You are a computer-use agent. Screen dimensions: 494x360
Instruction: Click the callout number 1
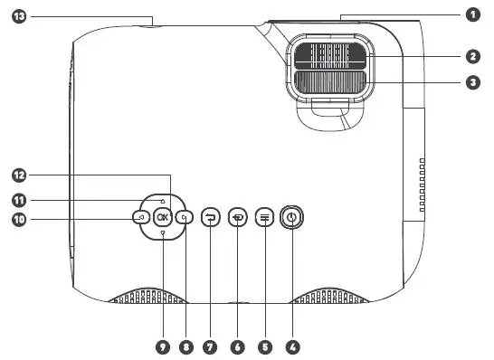coord(471,14)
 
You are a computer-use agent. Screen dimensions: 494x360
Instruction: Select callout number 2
coord(471,56)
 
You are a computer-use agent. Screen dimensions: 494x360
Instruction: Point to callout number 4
coord(291,346)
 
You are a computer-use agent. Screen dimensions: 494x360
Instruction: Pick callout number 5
coord(264,346)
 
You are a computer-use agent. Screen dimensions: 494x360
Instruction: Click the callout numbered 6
coord(238,346)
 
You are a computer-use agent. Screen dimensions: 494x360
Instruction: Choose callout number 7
coord(211,346)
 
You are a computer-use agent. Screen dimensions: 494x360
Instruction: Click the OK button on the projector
coord(162,217)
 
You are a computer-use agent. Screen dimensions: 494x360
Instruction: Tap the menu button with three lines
coord(264,217)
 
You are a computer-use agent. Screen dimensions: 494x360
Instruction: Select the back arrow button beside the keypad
coord(211,217)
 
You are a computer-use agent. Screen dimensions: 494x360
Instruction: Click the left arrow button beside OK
coord(142,217)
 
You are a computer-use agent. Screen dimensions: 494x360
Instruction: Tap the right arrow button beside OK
coord(182,217)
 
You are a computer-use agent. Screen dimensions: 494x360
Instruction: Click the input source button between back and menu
coord(238,217)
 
